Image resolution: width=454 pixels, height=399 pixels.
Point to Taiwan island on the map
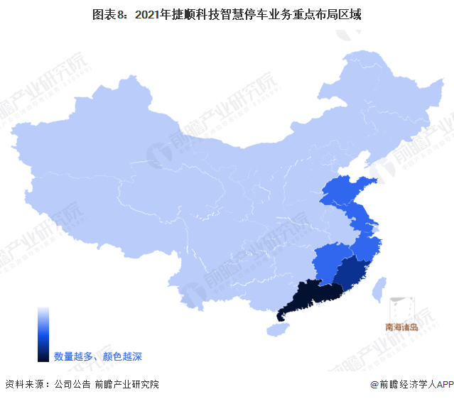(x=380, y=288)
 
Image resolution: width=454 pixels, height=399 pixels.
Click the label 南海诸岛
(x=407, y=327)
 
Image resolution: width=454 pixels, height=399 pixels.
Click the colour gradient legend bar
(x=43, y=334)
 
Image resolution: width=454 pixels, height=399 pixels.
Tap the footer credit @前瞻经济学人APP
(x=411, y=384)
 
